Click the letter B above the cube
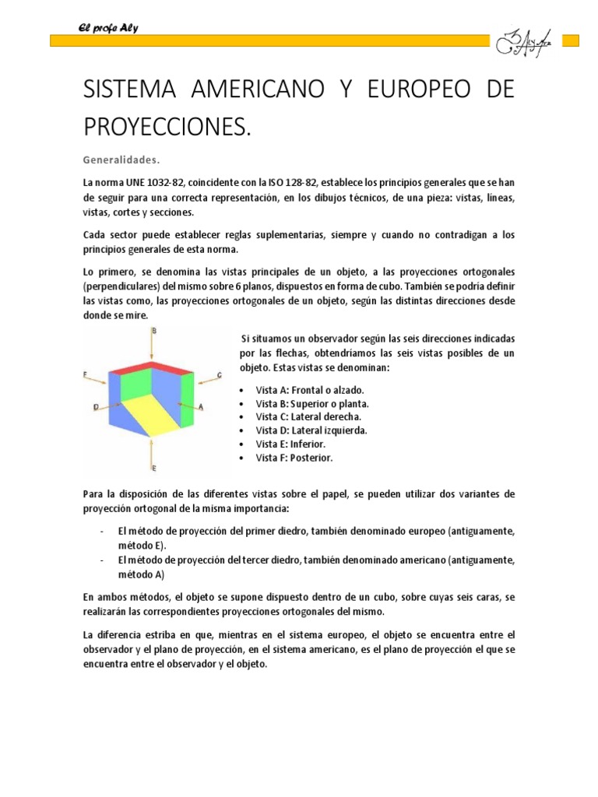click(154, 331)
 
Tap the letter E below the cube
click(154, 468)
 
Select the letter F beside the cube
click(85, 374)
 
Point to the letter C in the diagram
click(220, 375)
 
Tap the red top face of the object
click(153, 366)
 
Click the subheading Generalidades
click(121, 161)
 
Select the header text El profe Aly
click(108, 29)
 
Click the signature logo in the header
click(524, 40)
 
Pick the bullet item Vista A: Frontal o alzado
click(309, 390)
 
